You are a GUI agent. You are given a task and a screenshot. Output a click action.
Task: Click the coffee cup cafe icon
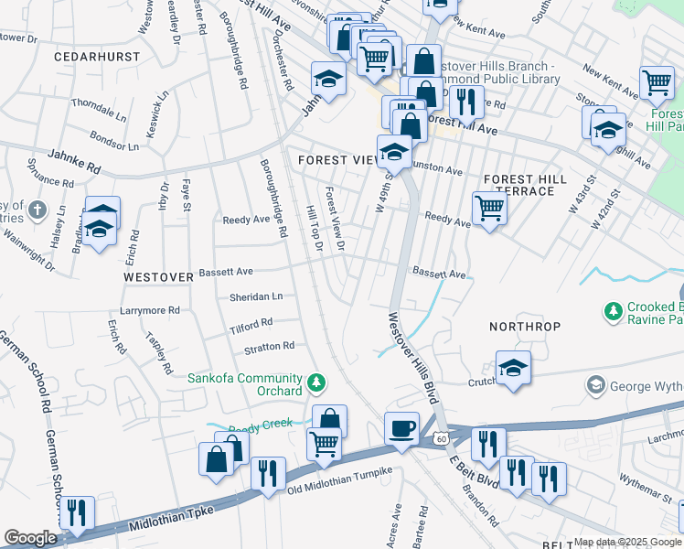coord(401,428)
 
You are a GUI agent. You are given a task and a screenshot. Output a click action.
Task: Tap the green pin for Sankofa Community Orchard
coord(316,382)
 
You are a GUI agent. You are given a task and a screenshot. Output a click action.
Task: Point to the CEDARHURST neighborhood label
coord(97,57)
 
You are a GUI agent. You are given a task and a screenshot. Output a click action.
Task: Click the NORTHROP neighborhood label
coord(525,327)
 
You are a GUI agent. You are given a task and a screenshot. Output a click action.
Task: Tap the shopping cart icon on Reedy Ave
coord(490,209)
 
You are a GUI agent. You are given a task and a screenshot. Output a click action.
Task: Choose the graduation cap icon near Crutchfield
coord(513,368)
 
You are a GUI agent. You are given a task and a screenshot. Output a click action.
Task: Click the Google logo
coord(30,538)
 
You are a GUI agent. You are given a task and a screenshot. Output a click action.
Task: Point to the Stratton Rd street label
coord(269,347)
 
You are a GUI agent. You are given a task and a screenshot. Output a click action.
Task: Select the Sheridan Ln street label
coord(255,297)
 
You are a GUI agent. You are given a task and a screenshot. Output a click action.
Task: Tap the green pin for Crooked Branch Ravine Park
coord(612,313)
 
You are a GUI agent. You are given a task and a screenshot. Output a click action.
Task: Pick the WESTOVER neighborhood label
coord(159,276)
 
